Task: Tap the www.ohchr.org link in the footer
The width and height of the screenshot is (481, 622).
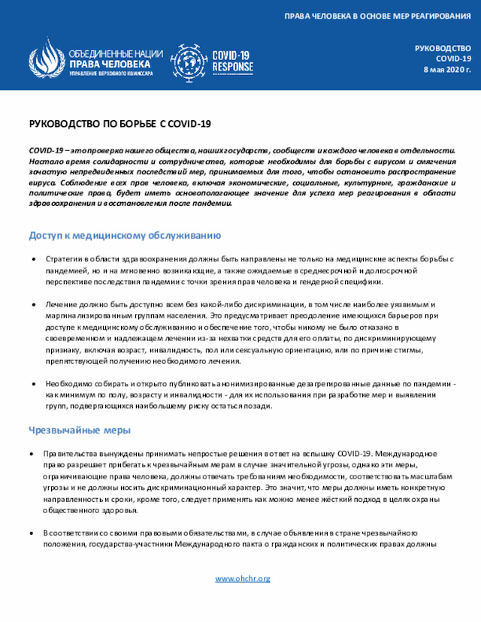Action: pyautogui.click(x=242, y=578)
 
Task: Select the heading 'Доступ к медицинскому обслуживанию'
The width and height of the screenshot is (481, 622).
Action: pyautogui.click(x=124, y=235)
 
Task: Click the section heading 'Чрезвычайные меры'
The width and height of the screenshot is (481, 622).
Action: pyautogui.click(x=80, y=430)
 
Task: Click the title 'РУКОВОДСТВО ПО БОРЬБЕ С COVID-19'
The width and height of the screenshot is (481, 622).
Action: pyautogui.click(x=119, y=123)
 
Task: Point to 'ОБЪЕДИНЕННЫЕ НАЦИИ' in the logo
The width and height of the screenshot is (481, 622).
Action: pyautogui.click(x=115, y=54)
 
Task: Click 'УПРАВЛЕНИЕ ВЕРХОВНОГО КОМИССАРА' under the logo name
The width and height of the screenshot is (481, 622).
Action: pyautogui.click(x=110, y=74)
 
